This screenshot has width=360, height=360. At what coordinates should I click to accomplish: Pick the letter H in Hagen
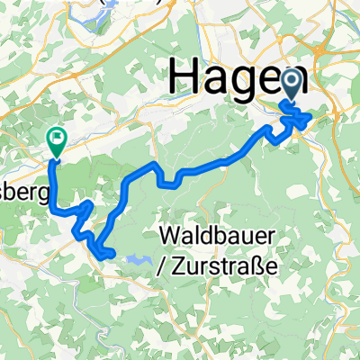click(x=184, y=79)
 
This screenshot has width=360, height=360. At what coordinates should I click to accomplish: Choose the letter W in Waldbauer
click(x=171, y=237)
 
